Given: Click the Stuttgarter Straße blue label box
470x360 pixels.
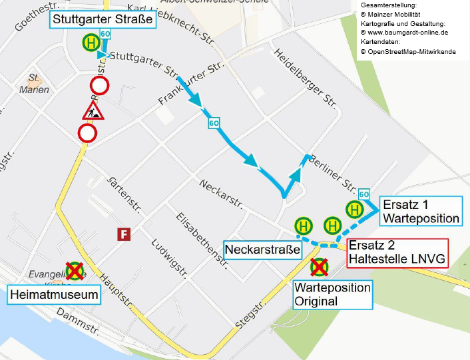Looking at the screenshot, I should point(103,19).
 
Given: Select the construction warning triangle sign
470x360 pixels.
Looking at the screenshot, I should point(93,110).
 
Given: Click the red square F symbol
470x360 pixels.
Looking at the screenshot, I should point(123,234).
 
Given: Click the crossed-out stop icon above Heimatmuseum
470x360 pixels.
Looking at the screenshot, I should point(75,271).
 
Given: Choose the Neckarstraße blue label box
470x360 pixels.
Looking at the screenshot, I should point(263,250).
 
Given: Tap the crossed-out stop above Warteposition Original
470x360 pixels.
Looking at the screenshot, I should point(320,267).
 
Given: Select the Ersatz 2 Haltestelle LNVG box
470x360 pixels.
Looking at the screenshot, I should point(397,252).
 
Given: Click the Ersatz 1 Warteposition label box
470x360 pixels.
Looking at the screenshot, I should point(419,211).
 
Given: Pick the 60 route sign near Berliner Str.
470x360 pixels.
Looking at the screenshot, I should point(363,194).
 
